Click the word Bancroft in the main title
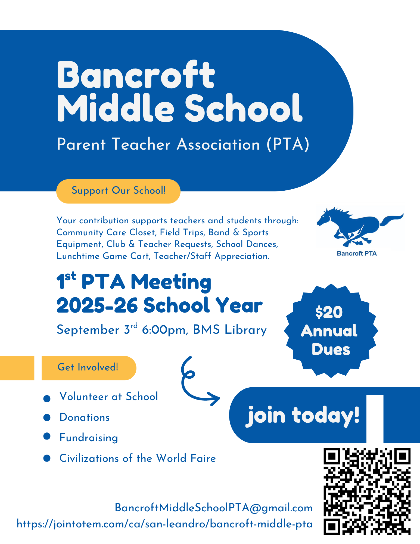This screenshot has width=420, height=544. click(x=136, y=75)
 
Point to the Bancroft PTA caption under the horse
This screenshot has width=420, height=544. click(x=357, y=254)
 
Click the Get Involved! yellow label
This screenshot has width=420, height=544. click(x=88, y=367)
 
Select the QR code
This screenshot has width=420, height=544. click(x=367, y=491)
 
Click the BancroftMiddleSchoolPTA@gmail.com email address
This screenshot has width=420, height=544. click(x=214, y=508)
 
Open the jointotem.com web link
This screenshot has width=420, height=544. click(x=164, y=524)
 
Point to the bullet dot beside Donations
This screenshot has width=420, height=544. click(x=47, y=418)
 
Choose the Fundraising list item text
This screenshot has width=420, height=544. click(x=89, y=438)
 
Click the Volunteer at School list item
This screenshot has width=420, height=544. click(x=108, y=397)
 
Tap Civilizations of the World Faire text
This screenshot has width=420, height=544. click(x=138, y=459)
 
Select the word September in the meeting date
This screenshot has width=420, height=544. click(x=88, y=330)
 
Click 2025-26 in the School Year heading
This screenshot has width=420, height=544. click(x=97, y=306)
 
